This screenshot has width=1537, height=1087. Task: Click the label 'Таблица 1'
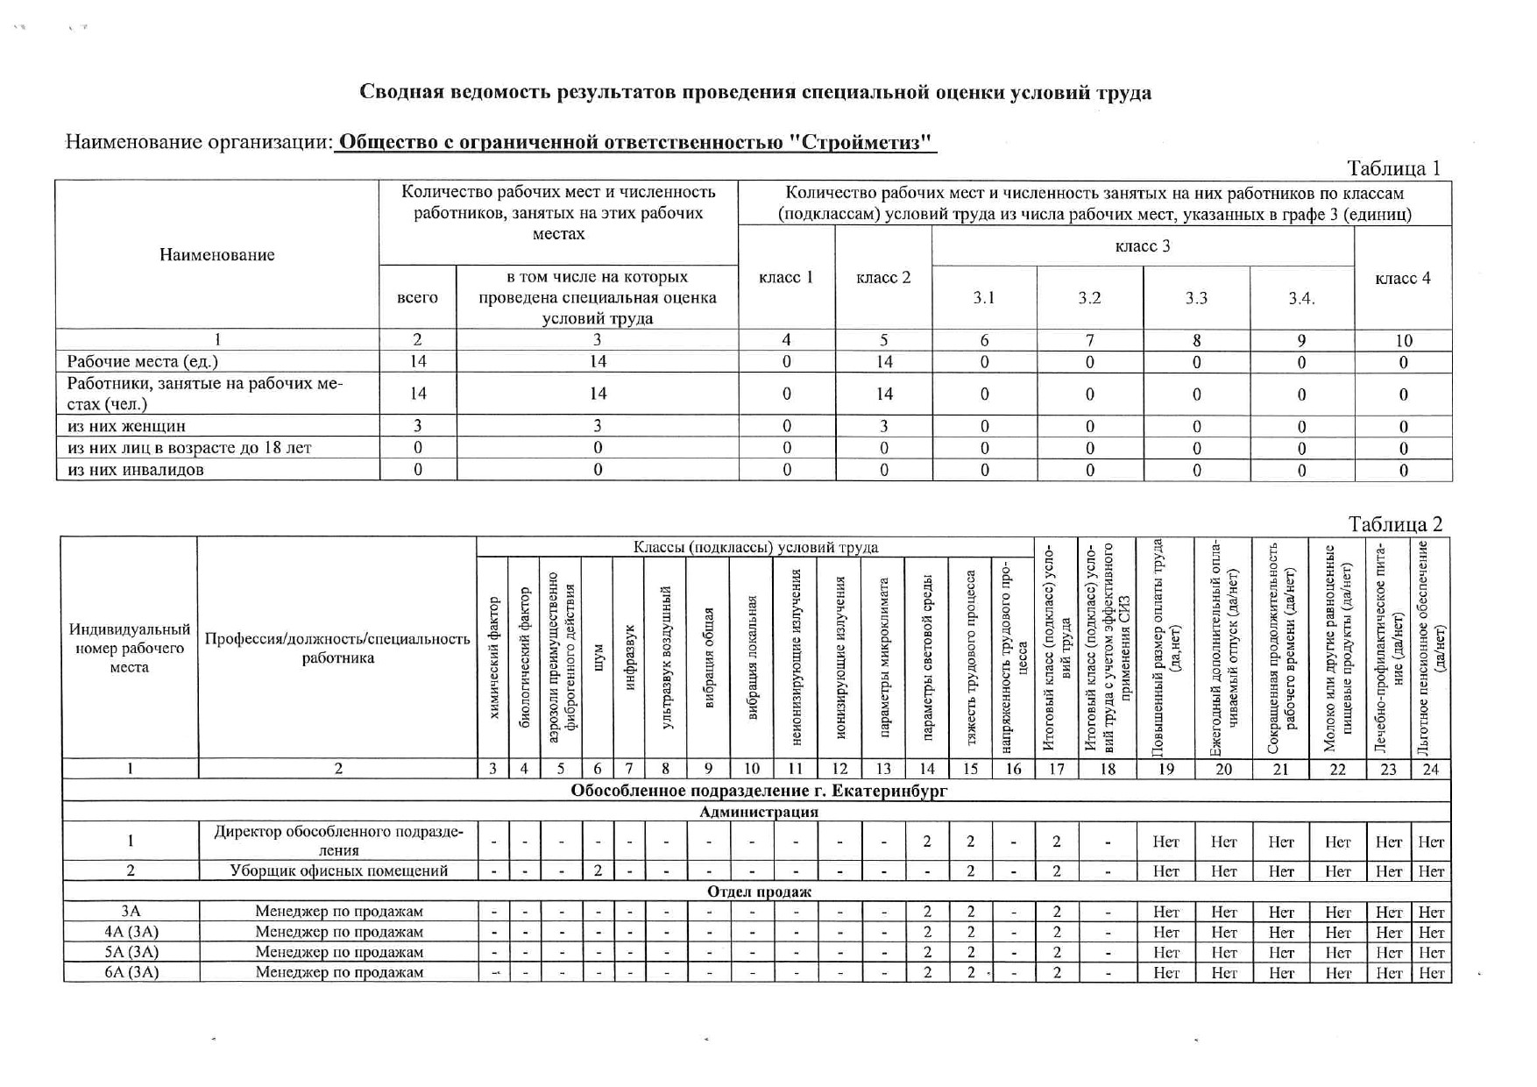tap(1393, 168)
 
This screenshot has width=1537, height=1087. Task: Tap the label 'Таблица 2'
tap(1395, 524)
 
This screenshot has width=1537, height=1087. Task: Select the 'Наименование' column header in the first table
tap(216, 255)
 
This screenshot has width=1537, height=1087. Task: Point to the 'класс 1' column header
tap(786, 278)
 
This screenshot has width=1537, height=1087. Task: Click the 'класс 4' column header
tap(1403, 278)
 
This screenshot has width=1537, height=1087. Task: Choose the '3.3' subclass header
tap(1196, 298)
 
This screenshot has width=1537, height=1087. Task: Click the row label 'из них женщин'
tap(126, 426)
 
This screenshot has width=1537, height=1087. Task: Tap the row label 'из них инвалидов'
tap(136, 469)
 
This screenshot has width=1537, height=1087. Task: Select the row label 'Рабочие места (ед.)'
tap(143, 361)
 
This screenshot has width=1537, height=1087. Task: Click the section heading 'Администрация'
tap(758, 812)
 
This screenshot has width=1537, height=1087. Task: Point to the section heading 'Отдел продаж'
tap(759, 892)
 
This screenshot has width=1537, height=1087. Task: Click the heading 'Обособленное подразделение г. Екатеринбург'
tap(759, 791)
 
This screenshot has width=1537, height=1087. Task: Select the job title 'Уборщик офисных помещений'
tap(338, 870)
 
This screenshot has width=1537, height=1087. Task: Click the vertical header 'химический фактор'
tap(493, 657)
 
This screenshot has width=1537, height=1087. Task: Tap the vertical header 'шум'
tap(598, 657)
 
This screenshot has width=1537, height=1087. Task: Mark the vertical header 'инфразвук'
tap(629, 657)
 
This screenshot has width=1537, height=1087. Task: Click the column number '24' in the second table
tap(1431, 769)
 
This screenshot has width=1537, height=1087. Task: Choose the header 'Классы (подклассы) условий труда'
tap(755, 547)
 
